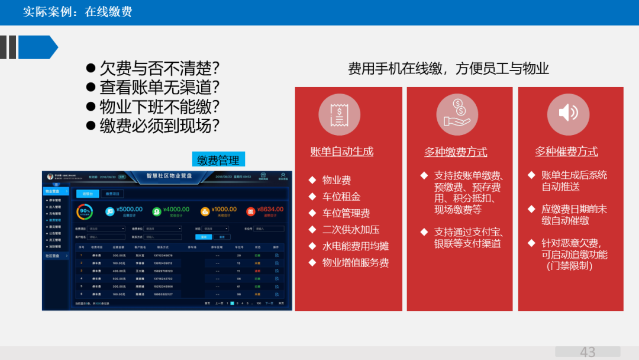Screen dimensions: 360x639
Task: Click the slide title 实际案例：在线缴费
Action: click(x=78, y=12)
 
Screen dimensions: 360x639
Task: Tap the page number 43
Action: click(x=588, y=352)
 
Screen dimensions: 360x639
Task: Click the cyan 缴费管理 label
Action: click(x=218, y=160)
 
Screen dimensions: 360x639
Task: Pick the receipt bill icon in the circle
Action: click(x=339, y=114)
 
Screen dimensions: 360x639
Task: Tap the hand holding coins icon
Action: click(x=457, y=114)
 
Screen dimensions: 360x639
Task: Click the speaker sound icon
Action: click(x=568, y=114)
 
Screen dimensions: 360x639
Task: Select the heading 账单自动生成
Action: click(x=342, y=152)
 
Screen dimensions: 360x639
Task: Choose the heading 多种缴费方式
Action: click(x=456, y=152)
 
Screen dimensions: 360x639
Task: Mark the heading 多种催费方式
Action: click(x=567, y=152)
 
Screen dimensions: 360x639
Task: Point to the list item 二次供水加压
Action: click(x=350, y=230)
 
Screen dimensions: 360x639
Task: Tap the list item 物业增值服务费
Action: click(x=355, y=263)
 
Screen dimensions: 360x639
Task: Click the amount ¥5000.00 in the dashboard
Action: click(x=129, y=209)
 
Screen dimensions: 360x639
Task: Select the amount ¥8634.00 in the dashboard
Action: click(x=270, y=209)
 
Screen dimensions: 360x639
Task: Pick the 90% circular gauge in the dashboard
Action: click(x=85, y=211)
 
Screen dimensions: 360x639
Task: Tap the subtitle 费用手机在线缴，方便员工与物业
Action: click(x=448, y=69)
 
